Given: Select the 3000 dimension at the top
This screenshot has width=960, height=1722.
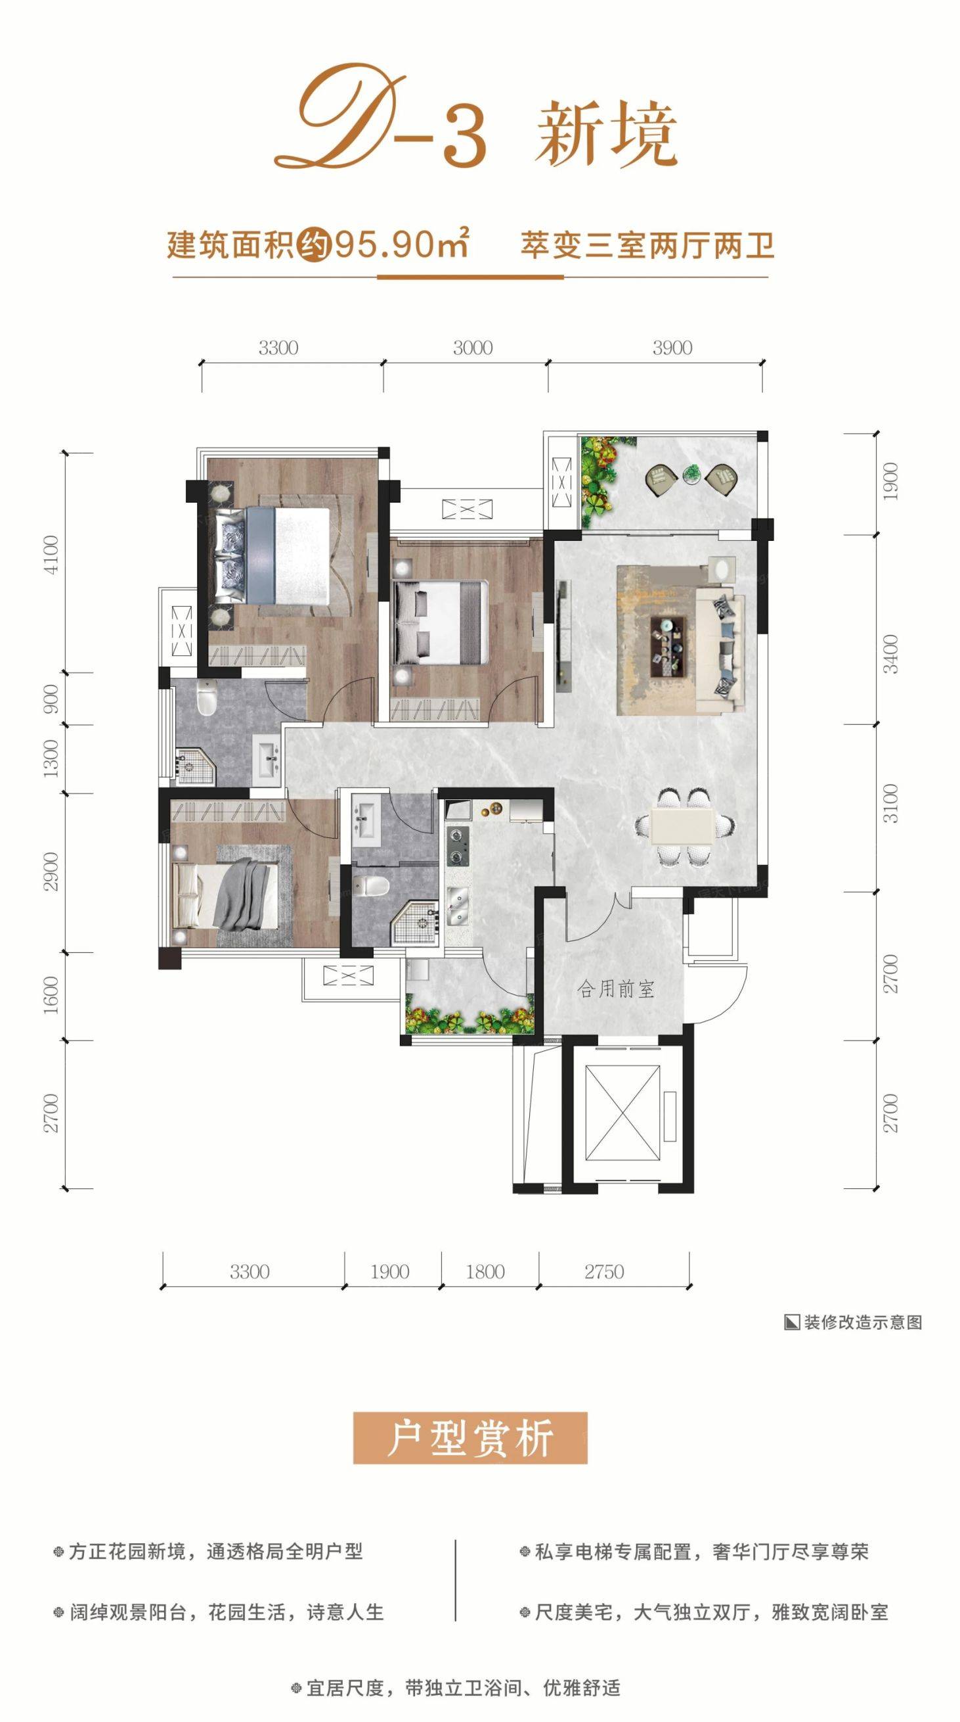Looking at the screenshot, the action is click(x=472, y=348).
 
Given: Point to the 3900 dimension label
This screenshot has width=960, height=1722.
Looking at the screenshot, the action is click(x=672, y=348).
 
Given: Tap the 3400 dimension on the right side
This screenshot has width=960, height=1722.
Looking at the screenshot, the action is click(x=890, y=654).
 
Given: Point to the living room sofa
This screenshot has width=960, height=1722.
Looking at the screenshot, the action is click(x=720, y=649).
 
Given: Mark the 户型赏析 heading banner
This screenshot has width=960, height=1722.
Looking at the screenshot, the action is click(x=470, y=1439).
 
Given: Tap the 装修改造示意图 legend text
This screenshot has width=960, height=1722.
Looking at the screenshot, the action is click(x=863, y=1322).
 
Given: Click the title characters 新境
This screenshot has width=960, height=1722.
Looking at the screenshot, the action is click(x=606, y=133).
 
